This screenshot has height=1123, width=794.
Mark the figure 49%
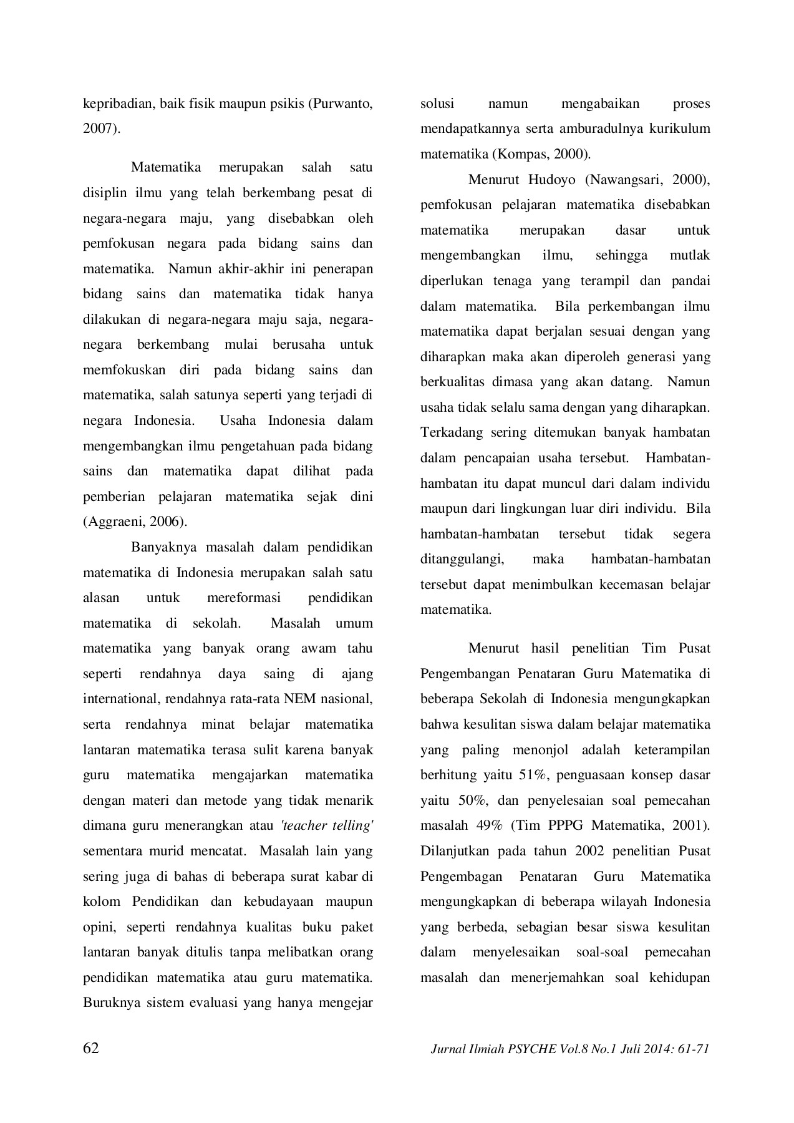pyautogui.click(x=489, y=825)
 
